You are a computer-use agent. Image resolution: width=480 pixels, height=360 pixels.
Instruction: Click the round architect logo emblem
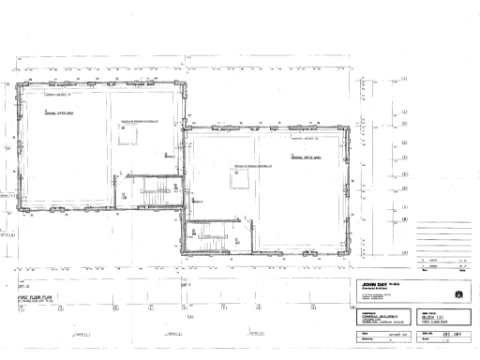(460, 287)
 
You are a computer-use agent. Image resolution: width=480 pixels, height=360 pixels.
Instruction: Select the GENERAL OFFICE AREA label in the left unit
(61, 112)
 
